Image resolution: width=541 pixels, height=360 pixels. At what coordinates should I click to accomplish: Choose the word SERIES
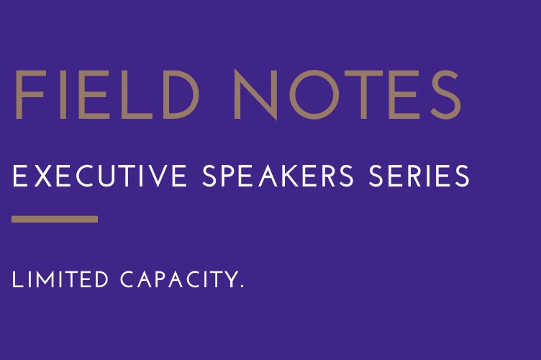pyautogui.click(x=422, y=176)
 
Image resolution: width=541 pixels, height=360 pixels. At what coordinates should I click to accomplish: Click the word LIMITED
pyautogui.click(x=60, y=280)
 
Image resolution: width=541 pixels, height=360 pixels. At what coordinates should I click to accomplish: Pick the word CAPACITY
pyautogui.click(x=177, y=280)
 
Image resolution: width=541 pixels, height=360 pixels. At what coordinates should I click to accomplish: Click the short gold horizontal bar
pyautogui.click(x=55, y=219)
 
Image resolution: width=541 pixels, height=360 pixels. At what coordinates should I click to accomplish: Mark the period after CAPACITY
pyautogui.click(x=241, y=287)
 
